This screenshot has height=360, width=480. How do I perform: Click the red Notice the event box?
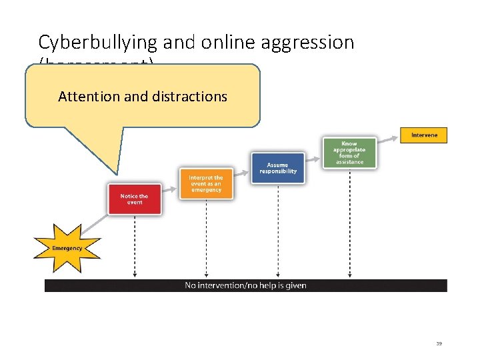[135, 199]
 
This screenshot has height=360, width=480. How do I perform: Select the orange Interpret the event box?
[206, 183]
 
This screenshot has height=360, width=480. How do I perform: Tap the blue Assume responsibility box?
[277, 168]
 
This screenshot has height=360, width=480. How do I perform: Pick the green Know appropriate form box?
[349, 153]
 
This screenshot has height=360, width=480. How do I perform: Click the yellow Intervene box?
[424, 135]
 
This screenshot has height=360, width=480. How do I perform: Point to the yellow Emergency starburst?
[67, 248]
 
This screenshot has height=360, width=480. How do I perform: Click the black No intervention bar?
[245, 285]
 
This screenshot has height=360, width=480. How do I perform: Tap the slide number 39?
[439, 343]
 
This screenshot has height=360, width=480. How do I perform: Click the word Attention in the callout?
[89, 96]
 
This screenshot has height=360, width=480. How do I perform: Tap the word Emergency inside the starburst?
[67, 248]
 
